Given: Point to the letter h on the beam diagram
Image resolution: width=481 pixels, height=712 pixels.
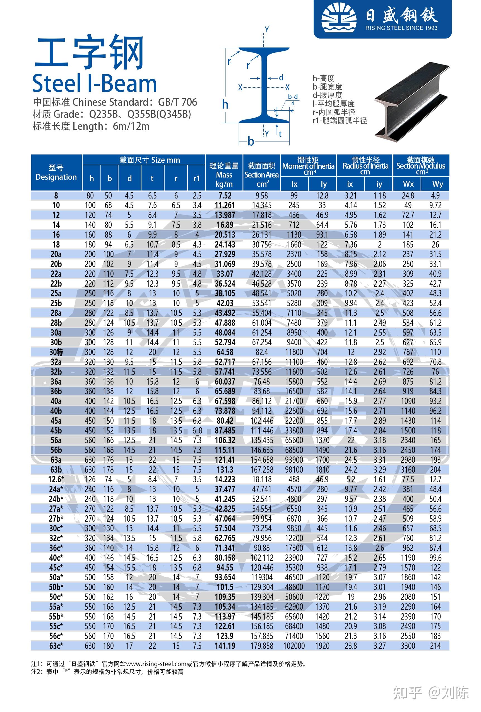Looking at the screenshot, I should pyautogui.click(x=225, y=105).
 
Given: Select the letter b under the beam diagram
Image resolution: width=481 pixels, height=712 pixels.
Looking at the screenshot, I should pyautogui.click(x=251, y=141).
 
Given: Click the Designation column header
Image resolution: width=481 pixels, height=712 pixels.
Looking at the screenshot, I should pyautogui.click(x=56, y=172).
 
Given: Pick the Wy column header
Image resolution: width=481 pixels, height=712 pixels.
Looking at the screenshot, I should pyautogui.click(x=437, y=184).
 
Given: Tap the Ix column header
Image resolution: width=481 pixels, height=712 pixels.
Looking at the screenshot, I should pyautogui.click(x=294, y=184).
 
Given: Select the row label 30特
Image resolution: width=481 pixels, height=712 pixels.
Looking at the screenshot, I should pyautogui.click(x=56, y=352).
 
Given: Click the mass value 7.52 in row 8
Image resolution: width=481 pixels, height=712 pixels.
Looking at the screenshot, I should pyautogui.click(x=225, y=195).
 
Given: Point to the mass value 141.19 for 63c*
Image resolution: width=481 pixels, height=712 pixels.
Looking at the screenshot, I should pyautogui.click(x=225, y=646).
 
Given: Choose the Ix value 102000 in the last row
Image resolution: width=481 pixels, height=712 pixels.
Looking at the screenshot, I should pyautogui.click(x=294, y=646).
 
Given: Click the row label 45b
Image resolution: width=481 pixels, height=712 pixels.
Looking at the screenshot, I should pyautogui.click(x=56, y=430).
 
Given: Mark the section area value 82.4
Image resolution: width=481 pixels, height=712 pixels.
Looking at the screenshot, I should pyautogui.click(x=262, y=352).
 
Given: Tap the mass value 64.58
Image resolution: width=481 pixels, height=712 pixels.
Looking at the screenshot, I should pyautogui.click(x=225, y=352).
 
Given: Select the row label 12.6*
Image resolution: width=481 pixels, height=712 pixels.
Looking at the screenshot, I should pyautogui.click(x=56, y=479).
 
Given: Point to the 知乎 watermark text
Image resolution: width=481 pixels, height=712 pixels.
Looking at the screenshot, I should pyautogui.click(x=407, y=693).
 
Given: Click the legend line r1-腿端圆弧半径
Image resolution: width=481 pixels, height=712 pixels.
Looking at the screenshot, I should pyautogui.click(x=340, y=121).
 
